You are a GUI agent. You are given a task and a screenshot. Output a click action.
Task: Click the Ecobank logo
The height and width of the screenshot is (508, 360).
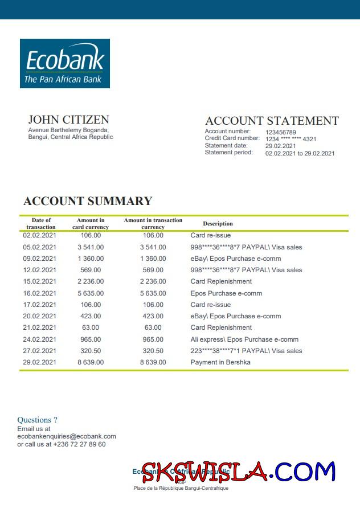point(65,63)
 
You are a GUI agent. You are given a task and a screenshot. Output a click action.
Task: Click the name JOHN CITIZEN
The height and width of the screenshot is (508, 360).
point(68,120)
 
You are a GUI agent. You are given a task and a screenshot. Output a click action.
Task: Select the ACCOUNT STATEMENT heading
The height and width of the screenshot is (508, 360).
point(272,121)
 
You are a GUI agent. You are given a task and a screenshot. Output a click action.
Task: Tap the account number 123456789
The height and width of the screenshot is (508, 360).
point(281,133)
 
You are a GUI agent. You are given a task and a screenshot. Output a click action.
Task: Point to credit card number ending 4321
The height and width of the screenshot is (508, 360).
point(291,139)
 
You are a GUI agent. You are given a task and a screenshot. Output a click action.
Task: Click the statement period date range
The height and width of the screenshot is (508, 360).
point(300,153)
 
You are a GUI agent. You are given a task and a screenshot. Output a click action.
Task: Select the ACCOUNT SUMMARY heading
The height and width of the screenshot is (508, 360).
point(88,201)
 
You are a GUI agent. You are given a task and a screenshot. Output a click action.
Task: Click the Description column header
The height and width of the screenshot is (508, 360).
point(218,224)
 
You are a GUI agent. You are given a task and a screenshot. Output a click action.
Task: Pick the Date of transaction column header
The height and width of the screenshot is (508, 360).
point(41,224)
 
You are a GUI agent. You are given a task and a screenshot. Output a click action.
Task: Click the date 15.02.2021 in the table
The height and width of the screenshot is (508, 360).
point(40,281)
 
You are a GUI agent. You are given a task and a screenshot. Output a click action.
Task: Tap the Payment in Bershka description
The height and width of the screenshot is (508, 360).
point(220,362)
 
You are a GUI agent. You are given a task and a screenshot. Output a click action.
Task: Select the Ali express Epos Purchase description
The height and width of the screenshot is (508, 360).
point(244,339)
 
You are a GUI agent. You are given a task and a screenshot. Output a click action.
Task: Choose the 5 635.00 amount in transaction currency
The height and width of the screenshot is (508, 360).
point(153,293)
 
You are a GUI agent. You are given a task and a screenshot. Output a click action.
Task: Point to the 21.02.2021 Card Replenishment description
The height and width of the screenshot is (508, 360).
point(221,327)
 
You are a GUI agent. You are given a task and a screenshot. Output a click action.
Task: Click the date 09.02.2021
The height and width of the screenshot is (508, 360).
point(40,259)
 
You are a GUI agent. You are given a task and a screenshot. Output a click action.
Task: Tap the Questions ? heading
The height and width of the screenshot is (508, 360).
point(37,420)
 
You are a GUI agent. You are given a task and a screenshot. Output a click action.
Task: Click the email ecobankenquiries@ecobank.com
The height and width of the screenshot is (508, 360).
point(67,436)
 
